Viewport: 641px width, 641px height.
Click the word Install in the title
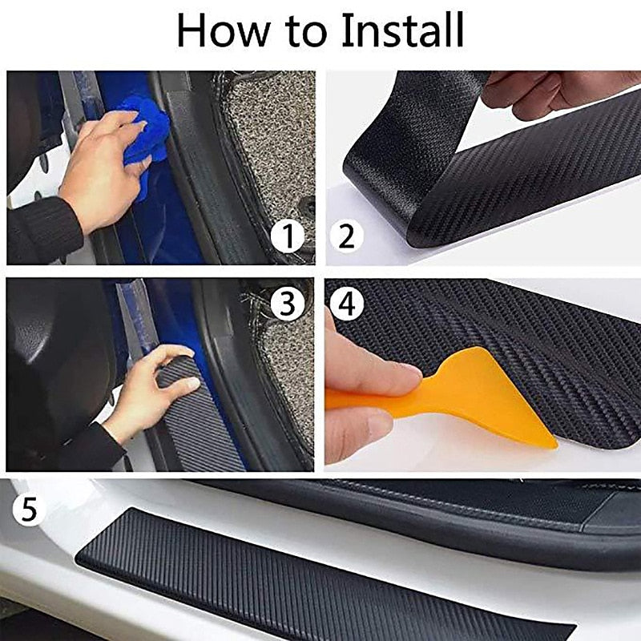(402, 30)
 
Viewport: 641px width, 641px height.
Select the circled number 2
(346, 236)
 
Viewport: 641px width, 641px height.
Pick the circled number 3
(287, 303)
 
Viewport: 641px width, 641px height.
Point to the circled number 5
(29, 510)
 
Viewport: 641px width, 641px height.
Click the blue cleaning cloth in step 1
(148, 132)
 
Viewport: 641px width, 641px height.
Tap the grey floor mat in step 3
(288, 377)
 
